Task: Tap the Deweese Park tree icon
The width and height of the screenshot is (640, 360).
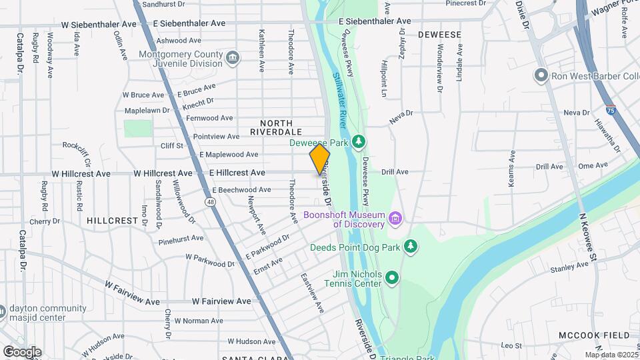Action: [359, 141]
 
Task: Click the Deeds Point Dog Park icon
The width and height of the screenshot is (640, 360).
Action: [411, 247]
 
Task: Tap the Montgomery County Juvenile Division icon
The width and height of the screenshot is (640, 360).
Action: [232, 58]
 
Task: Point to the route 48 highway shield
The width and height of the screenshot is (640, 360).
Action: [211, 201]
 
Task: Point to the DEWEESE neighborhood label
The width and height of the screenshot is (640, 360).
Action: [439, 33]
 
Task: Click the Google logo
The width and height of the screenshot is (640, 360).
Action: [22, 351]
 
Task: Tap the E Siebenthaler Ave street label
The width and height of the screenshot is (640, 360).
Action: [375, 21]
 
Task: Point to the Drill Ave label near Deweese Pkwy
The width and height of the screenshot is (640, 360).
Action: [395, 172]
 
